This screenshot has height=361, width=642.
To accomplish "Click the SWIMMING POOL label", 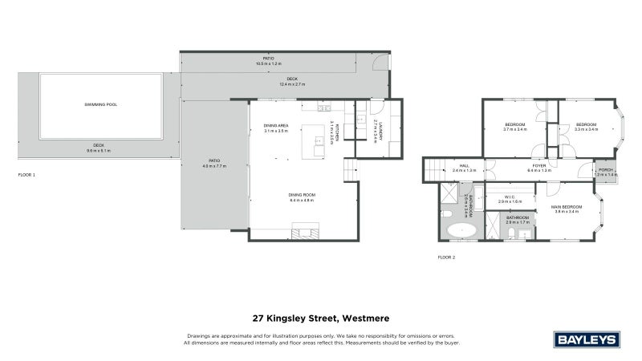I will [x=101, y=105].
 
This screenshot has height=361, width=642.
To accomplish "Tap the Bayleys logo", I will [x=588, y=338].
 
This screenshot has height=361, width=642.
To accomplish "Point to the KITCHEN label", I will [x=338, y=132].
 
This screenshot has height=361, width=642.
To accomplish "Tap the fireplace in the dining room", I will [x=305, y=233].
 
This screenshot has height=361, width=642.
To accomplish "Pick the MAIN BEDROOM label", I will [x=566, y=208].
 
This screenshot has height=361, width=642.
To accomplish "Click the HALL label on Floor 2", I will [x=464, y=168].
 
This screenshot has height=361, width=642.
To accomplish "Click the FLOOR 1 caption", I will [x=26, y=174].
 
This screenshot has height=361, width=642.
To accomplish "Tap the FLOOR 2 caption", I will [x=446, y=257].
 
